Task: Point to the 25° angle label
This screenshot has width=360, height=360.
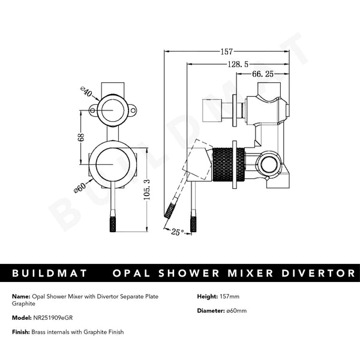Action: click(x=176, y=232)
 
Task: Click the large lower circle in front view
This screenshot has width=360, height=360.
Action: click(x=112, y=164)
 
